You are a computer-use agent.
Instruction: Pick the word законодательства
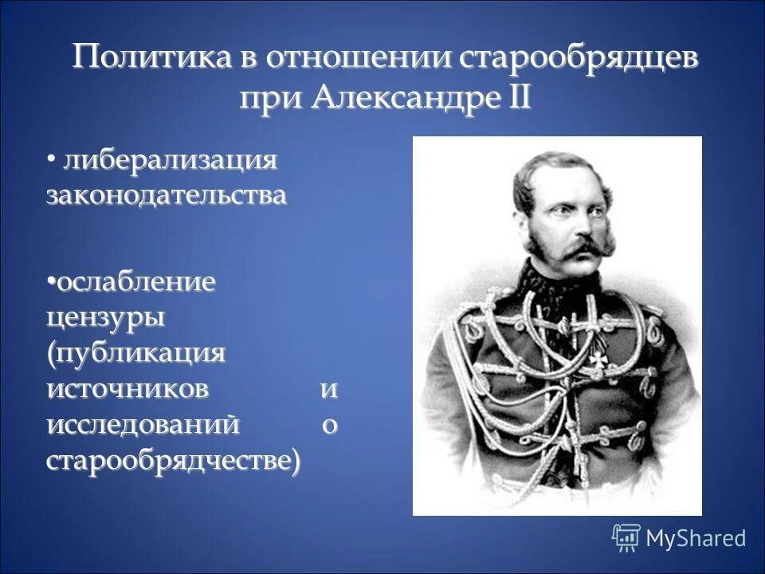[166, 196]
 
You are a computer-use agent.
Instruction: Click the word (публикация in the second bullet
[135, 354]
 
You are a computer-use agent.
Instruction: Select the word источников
[128, 389]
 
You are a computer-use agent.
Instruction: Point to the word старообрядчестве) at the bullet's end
[174, 461]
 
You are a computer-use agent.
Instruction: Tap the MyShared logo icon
[626, 537]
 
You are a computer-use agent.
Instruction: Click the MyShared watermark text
[696, 538]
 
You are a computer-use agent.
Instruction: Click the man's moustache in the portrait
[575, 249]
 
